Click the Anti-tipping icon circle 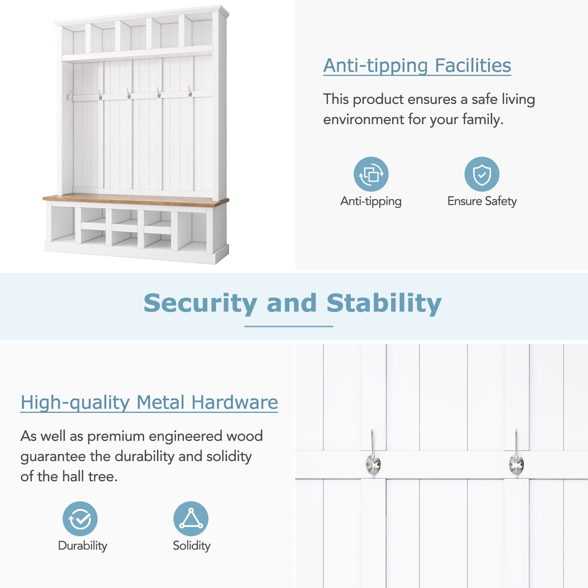[371, 174]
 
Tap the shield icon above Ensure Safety [481, 174]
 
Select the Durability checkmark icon [80, 519]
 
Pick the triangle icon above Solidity [191, 519]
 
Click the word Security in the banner [200, 303]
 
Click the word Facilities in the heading [473, 66]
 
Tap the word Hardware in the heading [234, 402]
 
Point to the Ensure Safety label [482, 201]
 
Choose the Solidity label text [192, 546]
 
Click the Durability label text [82, 546]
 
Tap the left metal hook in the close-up [373, 457]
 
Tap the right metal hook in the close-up [516, 457]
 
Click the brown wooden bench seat [135, 200]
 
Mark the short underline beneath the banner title [289, 326]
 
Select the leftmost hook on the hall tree [69, 95]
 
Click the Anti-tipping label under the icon [371, 201]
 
